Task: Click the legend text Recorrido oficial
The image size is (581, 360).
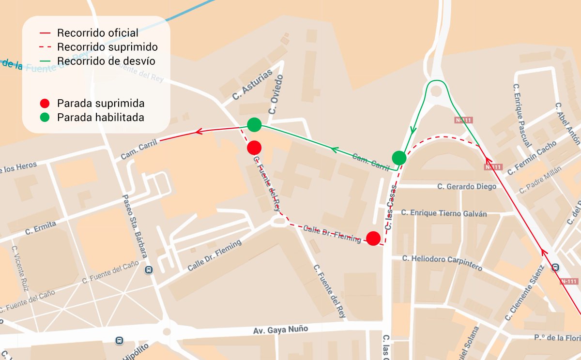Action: tap(97, 33)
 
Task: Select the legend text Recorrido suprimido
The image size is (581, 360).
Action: tap(107, 47)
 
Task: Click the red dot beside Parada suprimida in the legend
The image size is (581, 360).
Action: tap(45, 104)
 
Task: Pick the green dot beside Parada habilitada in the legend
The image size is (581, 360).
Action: tap(45, 117)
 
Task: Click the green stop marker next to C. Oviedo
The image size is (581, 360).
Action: tap(254, 125)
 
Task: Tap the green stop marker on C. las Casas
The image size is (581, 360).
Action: tap(399, 158)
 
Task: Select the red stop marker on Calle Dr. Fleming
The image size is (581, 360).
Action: tap(373, 238)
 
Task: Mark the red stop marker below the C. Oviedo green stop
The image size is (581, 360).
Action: tap(254, 147)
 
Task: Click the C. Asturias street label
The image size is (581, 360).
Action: tap(245, 88)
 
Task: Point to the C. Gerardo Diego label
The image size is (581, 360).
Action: tap(467, 187)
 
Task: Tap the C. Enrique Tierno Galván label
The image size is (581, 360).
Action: tap(448, 213)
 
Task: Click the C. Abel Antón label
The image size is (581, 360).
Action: tap(567, 124)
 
